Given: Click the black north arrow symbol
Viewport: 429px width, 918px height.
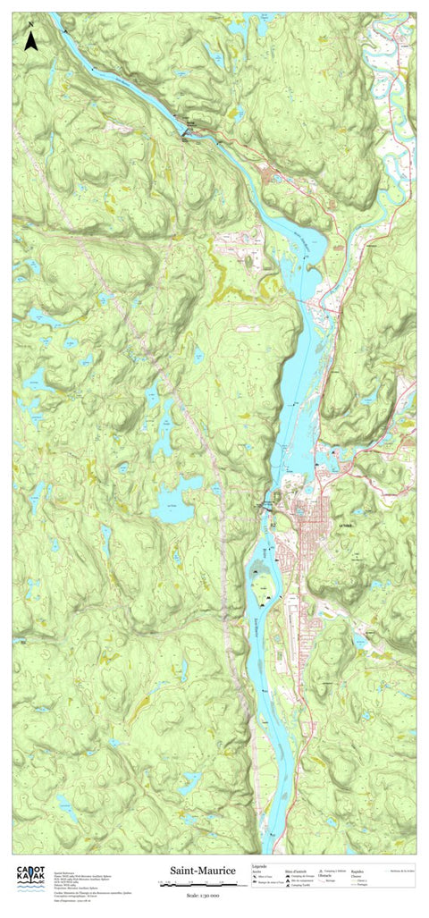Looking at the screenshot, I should [30, 39].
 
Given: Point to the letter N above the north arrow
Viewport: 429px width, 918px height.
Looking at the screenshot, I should [30, 22].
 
